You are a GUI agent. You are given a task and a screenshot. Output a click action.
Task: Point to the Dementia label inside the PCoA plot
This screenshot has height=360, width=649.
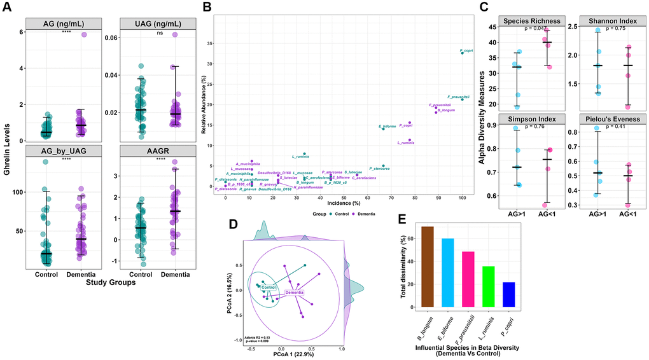[x=293, y=292]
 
